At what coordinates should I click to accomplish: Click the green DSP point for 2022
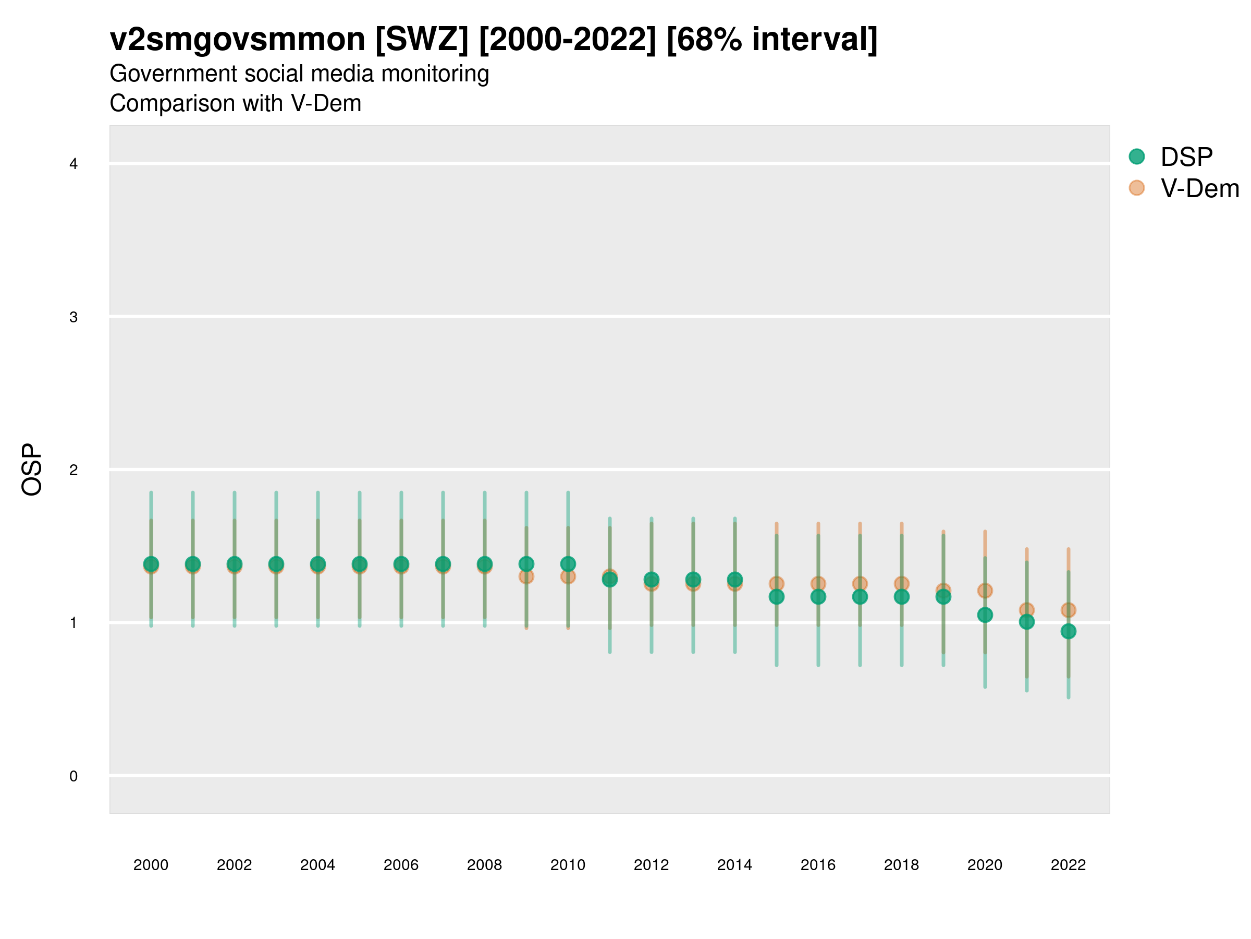(x=1069, y=631)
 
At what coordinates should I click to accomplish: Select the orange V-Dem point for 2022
(x=1069, y=610)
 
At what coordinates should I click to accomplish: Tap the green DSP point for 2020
(x=985, y=615)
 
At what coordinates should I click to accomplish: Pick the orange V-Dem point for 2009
(x=526, y=576)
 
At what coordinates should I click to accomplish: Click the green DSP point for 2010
(x=568, y=564)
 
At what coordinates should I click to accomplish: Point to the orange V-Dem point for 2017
(x=860, y=584)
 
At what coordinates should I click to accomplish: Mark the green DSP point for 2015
(x=777, y=597)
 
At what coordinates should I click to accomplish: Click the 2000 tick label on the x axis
(x=151, y=865)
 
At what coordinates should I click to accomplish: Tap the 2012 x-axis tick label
(x=651, y=865)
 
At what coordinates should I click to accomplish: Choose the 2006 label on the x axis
(x=401, y=865)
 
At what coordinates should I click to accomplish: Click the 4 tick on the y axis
(x=73, y=164)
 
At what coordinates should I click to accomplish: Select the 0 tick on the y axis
(x=73, y=776)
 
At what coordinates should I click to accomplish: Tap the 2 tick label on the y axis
(x=73, y=470)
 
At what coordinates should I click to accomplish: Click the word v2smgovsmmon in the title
(x=238, y=40)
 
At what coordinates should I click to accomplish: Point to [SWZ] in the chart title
(x=422, y=40)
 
